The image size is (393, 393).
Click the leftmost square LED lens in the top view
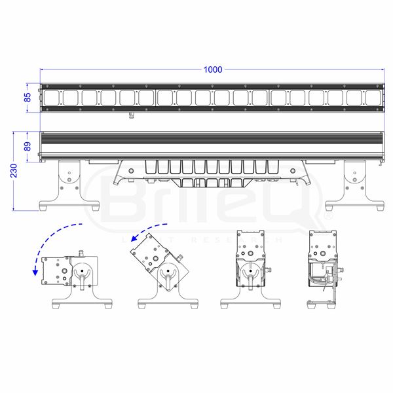52,98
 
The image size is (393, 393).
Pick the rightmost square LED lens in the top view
372,98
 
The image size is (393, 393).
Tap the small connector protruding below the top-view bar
131,115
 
